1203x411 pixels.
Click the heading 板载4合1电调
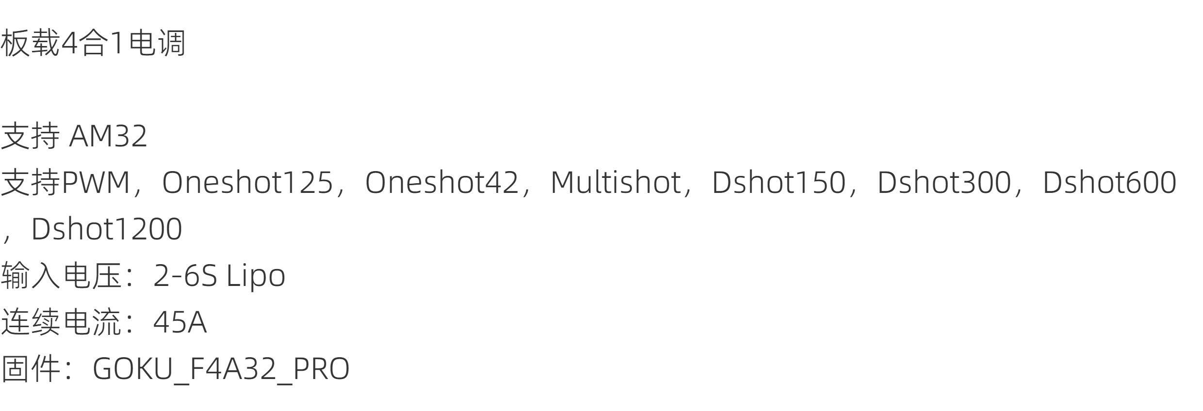tap(93, 43)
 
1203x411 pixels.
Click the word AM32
tap(108, 136)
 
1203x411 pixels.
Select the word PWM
tap(96, 183)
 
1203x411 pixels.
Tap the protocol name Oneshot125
tap(247, 183)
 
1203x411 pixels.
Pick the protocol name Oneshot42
tap(441, 183)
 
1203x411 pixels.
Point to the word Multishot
tap(616, 183)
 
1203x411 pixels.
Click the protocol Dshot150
tap(778, 183)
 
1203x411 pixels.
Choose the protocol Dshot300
tap(944, 183)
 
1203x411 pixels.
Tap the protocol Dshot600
tap(1109, 183)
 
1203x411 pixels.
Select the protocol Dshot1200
tap(107, 229)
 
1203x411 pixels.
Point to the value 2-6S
tap(185, 275)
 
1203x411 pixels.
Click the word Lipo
tap(256, 275)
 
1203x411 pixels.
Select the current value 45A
tap(180, 322)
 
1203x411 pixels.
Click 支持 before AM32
tap(30, 136)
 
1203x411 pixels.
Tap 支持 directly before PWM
tap(30, 183)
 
